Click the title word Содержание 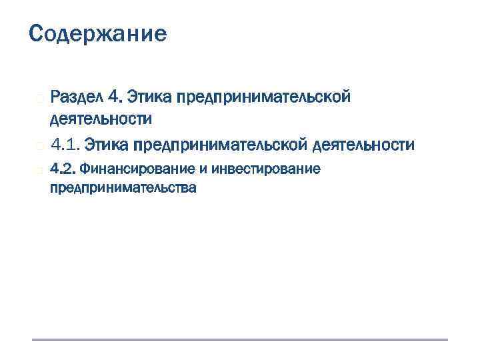click(98, 33)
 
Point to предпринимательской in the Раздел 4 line click(263, 97)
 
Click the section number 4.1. click(65, 144)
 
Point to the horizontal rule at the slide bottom click(240, 340)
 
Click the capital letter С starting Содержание click(37, 33)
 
